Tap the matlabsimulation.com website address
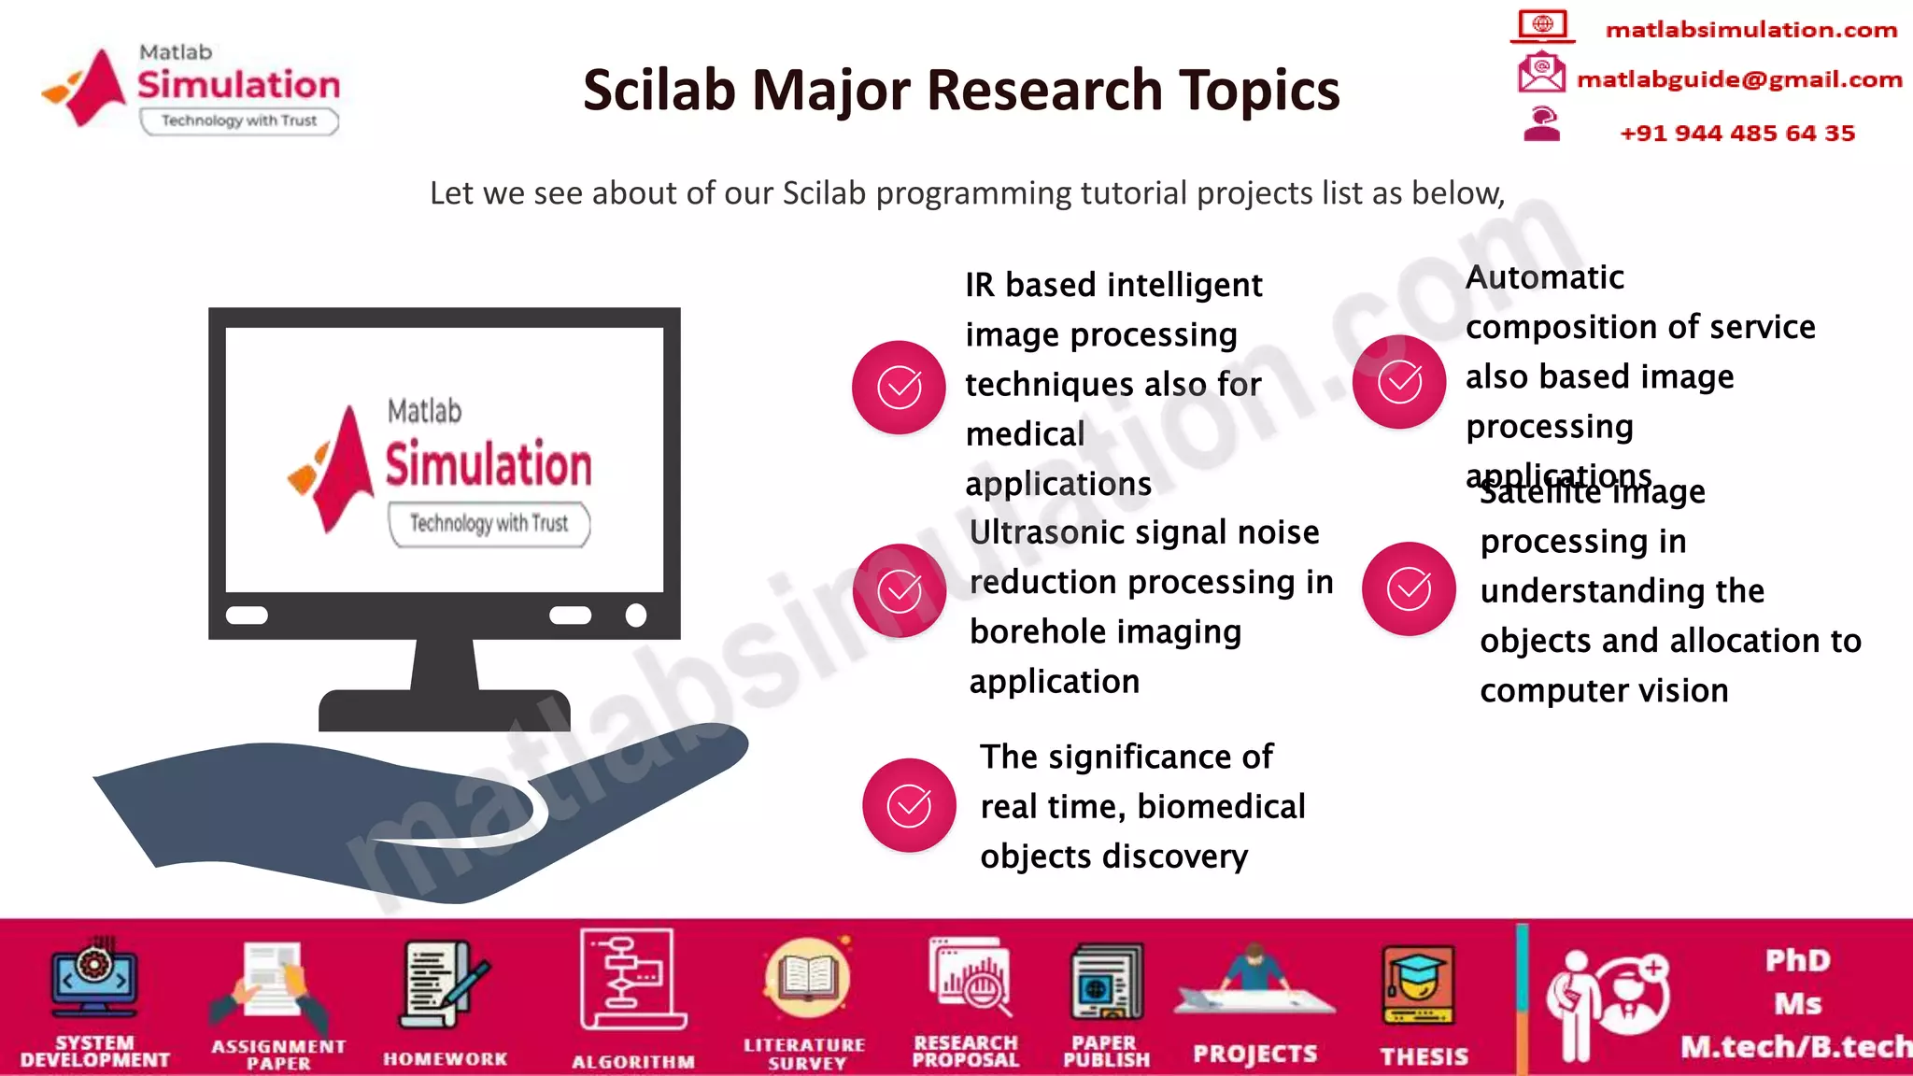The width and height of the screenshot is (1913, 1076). [1750, 30]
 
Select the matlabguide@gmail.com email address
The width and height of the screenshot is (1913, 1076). [1739, 79]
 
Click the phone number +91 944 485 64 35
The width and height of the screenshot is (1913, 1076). [1737, 133]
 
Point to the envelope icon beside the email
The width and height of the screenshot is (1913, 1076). [1541, 73]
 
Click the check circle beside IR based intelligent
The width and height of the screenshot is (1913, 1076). [899, 387]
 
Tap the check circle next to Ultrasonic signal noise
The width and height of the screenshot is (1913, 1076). [900, 590]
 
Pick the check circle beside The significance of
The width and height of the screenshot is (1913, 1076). [909, 805]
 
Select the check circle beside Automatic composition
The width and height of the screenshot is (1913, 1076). [1399, 381]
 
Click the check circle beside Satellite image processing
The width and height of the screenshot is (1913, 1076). [1409, 588]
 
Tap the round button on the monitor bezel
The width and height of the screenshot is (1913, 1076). [636, 615]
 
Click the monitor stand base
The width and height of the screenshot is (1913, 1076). [445, 710]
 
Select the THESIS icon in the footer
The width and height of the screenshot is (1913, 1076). [1418, 985]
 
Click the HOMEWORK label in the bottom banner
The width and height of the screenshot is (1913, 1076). [445, 1058]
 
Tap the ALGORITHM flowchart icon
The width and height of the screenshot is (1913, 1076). [631, 979]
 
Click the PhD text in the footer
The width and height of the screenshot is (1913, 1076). [1797, 960]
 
